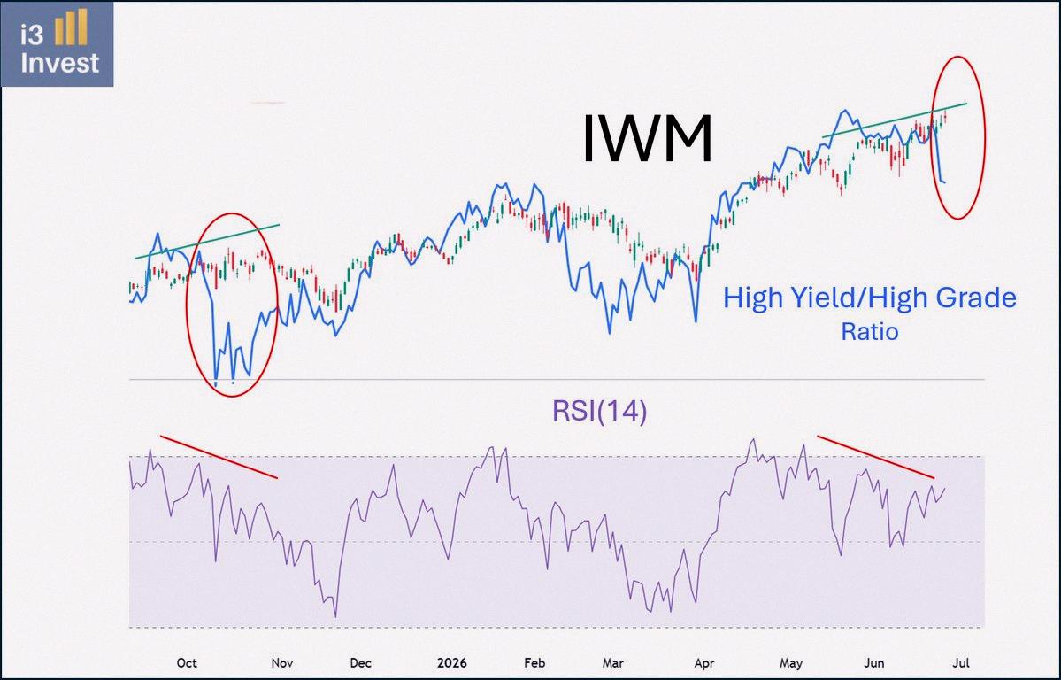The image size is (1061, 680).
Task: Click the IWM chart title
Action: pyautogui.click(x=648, y=139)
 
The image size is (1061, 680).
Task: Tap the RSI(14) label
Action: pyautogui.click(x=599, y=411)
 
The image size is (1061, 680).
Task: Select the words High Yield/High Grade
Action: pyautogui.click(x=870, y=298)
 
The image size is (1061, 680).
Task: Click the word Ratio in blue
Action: pyautogui.click(x=870, y=332)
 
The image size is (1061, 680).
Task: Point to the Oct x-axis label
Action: pyautogui.click(x=187, y=662)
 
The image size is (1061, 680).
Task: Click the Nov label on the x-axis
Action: pyautogui.click(x=282, y=662)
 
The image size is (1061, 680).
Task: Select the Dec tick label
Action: pyautogui.click(x=361, y=662)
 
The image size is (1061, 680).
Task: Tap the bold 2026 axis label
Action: pyautogui.click(x=452, y=662)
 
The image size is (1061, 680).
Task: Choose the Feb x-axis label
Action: pyautogui.click(x=534, y=662)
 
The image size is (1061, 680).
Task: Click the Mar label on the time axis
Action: pyautogui.click(x=613, y=662)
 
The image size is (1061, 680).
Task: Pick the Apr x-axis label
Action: pyautogui.click(x=704, y=662)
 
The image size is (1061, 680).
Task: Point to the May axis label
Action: pyautogui.click(x=791, y=662)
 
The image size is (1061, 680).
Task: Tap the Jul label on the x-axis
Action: pyautogui.click(x=961, y=662)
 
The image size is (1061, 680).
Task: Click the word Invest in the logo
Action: pyautogui.click(x=59, y=63)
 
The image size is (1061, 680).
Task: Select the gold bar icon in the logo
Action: pyautogui.click(x=71, y=27)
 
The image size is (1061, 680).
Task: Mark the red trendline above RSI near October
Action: pyautogui.click(x=219, y=457)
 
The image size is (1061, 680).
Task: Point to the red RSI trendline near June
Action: pyautogui.click(x=875, y=457)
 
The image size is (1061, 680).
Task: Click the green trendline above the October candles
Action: pyautogui.click(x=207, y=241)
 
